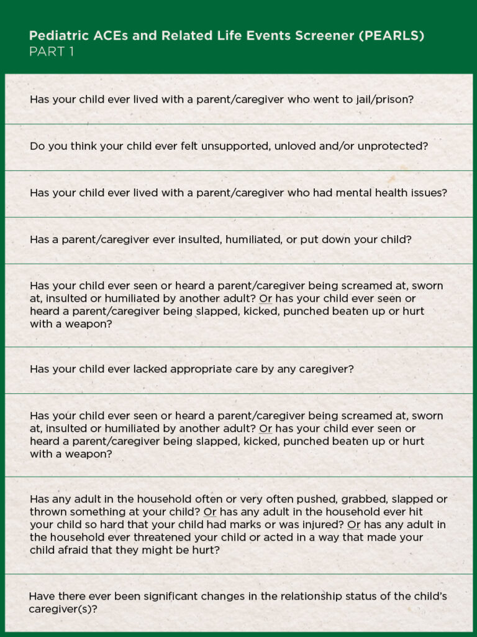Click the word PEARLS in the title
point(397,35)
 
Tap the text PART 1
point(52,52)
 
